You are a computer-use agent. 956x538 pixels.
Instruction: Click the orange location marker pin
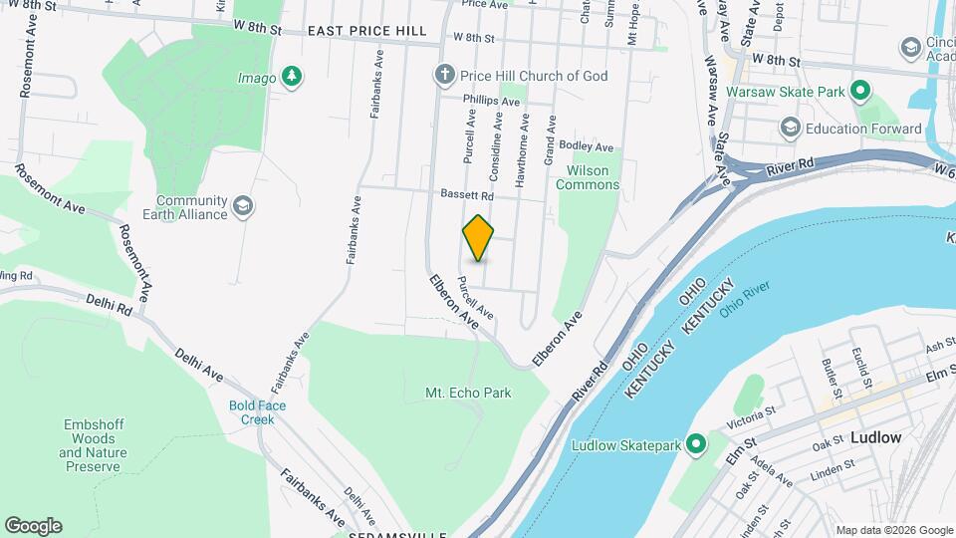click(479, 238)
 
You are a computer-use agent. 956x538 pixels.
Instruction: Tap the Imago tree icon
click(292, 76)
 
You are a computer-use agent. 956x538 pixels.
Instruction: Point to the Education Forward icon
click(791, 129)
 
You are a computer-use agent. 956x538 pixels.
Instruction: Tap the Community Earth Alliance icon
click(242, 206)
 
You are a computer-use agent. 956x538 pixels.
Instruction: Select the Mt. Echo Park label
click(468, 393)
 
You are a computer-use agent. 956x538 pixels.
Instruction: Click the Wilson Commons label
click(588, 177)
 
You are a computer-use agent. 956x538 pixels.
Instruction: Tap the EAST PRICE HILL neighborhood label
click(366, 32)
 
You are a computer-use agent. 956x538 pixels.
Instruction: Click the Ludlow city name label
click(875, 437)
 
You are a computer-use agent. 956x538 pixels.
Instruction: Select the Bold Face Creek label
click(257, 412)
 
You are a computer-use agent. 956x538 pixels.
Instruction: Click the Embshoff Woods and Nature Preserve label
click(93, 445)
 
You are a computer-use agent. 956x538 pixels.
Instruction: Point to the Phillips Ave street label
click(491, 102)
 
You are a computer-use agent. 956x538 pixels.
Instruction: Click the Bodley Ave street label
click(586, 148)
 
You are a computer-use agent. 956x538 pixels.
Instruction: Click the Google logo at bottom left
click(33, 526)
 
